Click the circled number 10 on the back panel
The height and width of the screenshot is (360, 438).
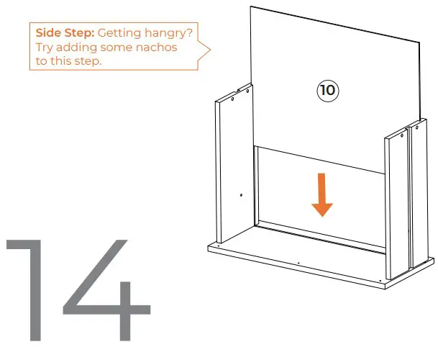point(328,90)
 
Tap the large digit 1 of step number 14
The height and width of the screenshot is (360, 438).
point(29,288)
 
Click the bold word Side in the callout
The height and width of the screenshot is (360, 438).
point(49,32)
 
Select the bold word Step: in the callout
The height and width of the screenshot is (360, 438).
point(79,32)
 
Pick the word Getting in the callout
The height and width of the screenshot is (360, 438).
point(120,33)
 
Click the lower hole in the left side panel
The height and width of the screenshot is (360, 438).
point(241,195)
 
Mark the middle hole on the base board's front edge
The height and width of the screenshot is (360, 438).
point(298,264)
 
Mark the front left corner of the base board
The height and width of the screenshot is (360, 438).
point(206,248)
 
